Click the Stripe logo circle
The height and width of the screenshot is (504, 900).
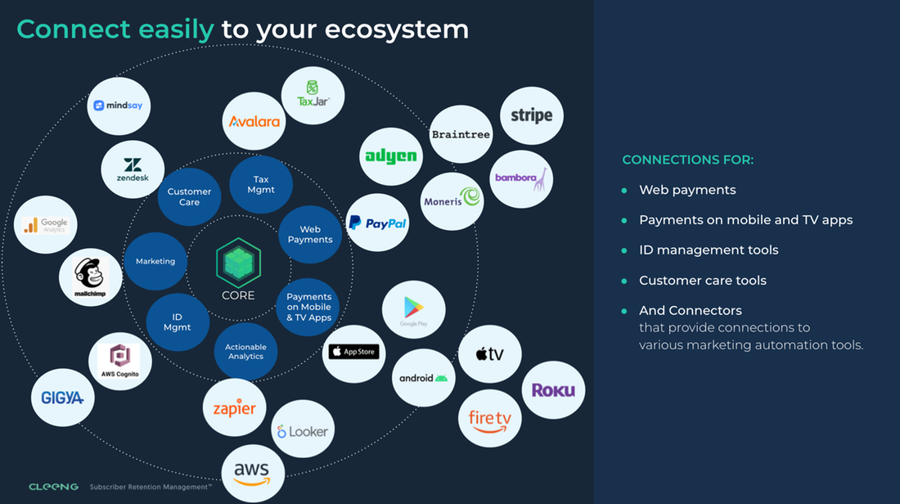tap(532, 115)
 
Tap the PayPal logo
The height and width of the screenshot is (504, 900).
tap(377, 223)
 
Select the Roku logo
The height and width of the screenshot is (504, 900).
tap(553, 390)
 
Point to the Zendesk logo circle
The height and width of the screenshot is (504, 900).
tap(133, 169)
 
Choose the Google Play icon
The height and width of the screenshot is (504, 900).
tap(414, 310)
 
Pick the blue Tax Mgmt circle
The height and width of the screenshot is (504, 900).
tap(261, 185)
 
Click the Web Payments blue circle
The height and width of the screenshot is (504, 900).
tap(310, 235)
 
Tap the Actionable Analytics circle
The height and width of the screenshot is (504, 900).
tap(245, 352)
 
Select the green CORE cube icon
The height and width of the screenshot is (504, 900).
tap(238, 263)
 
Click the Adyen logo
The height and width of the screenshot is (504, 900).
tap(391, 156)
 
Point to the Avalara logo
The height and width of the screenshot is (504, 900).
tap(254, 121)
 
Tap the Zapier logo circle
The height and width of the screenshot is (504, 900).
tap(235, 408)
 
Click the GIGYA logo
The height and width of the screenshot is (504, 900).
tap(63, 398)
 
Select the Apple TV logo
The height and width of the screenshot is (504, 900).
tap(489, 354)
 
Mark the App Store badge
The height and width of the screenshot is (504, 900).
tap(353, 352)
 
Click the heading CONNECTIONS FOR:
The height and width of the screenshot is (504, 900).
tap(688, 160)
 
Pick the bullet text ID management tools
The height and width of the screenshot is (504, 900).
tap(709, 250)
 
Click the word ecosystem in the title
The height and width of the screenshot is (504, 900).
tap(397, 29)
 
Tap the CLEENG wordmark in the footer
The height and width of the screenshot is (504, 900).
tap(54, 487)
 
